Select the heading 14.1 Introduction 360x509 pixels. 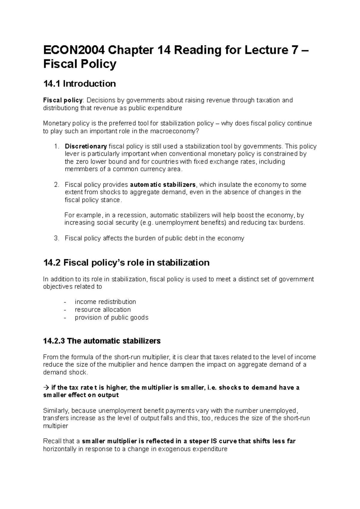(x=79, y=84)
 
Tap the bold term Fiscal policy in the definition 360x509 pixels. (x=63, y=100)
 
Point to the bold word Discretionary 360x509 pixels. (x=86, y=146)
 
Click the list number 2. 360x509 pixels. (x=56, y=185)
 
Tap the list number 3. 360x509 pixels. (x=56, y=238)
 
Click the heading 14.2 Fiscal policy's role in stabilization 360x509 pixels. (x=126, y=263)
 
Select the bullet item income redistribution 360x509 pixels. (x=105, y=302)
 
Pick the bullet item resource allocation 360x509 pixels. (x=103, y=310)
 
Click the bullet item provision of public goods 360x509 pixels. (x=111, y=317)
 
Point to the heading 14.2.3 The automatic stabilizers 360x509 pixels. (x=102, y=341)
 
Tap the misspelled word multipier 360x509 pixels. (x=55, y=426)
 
